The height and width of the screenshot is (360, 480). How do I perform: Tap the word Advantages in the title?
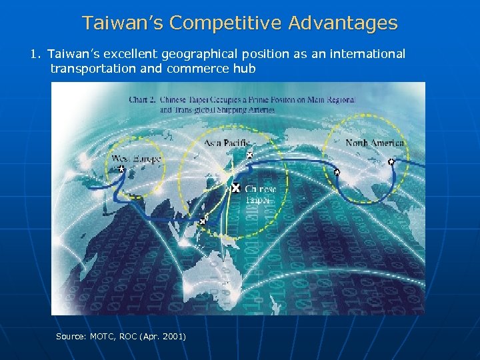(x=343, y=23)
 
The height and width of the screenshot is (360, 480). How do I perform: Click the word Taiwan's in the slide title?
(x=123, y=23)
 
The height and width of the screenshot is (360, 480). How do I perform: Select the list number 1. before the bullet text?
(x=36, y=54)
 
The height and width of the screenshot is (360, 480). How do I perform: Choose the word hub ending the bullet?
(x=243, y=68)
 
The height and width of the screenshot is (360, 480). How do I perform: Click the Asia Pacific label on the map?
(x=227, y=143)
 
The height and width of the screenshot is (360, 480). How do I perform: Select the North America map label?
(x=375, y=143)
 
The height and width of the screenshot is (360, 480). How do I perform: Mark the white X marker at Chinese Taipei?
(x=235, y=189)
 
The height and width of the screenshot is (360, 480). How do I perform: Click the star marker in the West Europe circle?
(x=121, y=169)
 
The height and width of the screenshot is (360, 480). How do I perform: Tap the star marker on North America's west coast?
(x=337, y=172)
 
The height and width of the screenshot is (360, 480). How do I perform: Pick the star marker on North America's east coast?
(x=391, y=161)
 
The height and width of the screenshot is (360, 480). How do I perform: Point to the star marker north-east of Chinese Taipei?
(x=249, y=155)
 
